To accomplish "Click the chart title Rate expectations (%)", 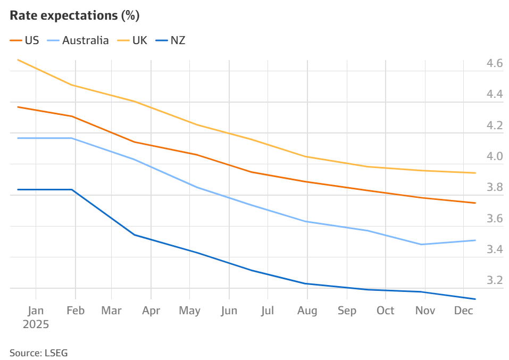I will pyautogui.click(x=74, y=16).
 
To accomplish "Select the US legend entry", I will pyautogui.click(x=31, y=40).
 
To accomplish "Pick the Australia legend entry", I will pyautogui.click(x=85, y=40).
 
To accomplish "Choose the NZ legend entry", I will pyautogui.click(x=178, y=40).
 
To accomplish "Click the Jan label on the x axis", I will pyautogui.click(x=36, y=311).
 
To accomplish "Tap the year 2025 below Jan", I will pyautogui.click(x=36, y=324).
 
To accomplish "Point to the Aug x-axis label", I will pyautogui.click(x=307, y=311).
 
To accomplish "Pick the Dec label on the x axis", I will pyautogui.click(x=463, y=311).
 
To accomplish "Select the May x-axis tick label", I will pyautogui.click(x=190, y=311).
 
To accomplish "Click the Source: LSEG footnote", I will pyautogui.click(x=38, y=353).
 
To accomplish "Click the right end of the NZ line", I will pyautogui.click(x=475, y=299).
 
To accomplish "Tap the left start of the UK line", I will pyautogui.click(x=18, y=60).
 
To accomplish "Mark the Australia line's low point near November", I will pyautogui.click(x=422, y=245).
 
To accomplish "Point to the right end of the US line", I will pyautogui.click(x=475, y=203).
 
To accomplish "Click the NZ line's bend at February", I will pyautogui.click(x=72, y=189).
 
